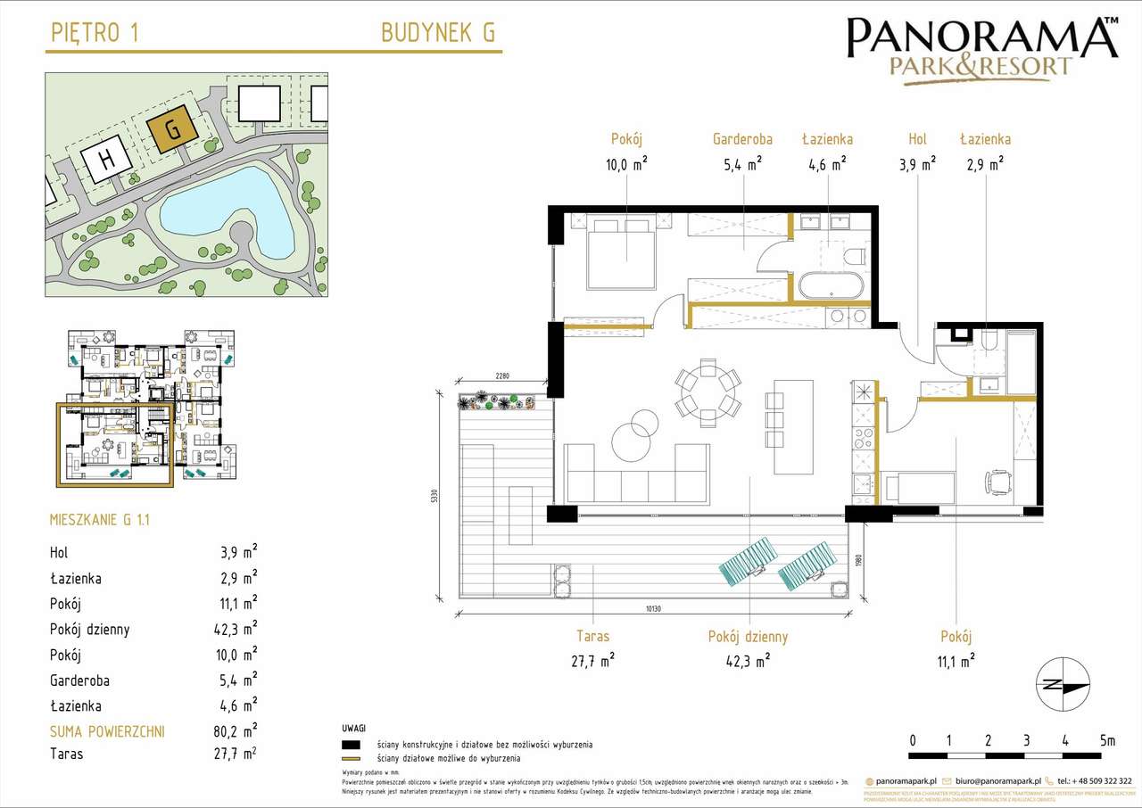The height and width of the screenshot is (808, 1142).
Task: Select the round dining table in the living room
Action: [x=708, y=390]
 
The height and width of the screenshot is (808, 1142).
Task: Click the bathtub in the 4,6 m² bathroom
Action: [x=830, y=286]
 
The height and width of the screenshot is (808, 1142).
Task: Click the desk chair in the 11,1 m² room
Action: [x=997, y=482]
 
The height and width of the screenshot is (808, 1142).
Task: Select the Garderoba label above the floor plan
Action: [x=742, y=139]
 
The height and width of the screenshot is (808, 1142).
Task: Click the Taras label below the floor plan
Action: [x=592, y=637]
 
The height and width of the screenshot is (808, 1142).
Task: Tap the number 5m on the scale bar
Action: [x=1106, y=740]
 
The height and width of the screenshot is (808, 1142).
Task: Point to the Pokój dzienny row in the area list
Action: [x=153, y=630]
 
